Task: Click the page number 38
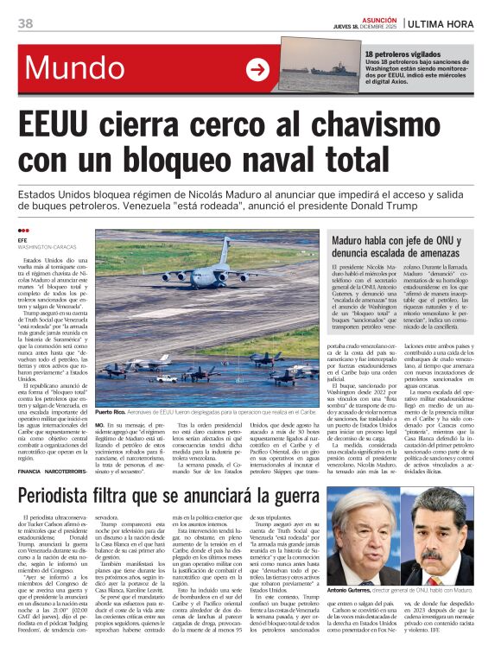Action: [x=25, y=22]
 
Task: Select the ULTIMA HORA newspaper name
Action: [x=449, y=23]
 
